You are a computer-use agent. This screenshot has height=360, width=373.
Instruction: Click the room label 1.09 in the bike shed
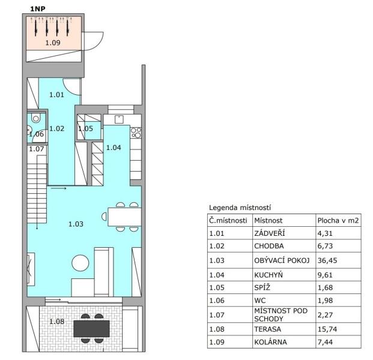pyautogui.click(x=53, y=43)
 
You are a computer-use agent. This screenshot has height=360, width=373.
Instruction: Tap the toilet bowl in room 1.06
pyautogui.click(x=36, y=118)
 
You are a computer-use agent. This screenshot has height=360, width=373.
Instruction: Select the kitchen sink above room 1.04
pyautogui.click(x=119, y=119)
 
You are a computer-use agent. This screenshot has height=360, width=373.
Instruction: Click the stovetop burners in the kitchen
pyautogui.click(x=136, y=133)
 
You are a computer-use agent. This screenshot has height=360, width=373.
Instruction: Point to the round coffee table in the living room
pyautogui.click(x=80, y=263)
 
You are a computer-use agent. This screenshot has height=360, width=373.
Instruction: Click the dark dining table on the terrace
pyautogui.click(x=91, y=329)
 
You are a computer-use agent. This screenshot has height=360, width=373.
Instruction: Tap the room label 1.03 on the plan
pyautogui.click(x=76, y=224)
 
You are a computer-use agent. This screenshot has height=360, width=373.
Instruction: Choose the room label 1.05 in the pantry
pyautogui.click(x=85, y=128)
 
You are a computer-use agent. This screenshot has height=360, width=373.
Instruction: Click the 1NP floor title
pyautogui.click(x=38, y=9)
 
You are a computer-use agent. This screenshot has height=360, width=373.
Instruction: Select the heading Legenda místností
pyautogui.click(x=240, y=208)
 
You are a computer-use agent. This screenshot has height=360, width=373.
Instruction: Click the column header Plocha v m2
pyautogui.click(x=338, y=221)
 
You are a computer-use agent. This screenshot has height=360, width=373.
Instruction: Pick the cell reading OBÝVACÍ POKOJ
pyautogui.click(x=282, y=260)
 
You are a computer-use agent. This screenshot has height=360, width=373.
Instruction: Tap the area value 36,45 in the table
pyautogui.click(x=327, y=260)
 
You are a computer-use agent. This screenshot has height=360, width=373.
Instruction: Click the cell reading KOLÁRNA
pyautogui.click(x=270, y=342)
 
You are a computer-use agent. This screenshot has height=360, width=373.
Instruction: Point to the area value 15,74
pyautogui.click(x=327, y=329)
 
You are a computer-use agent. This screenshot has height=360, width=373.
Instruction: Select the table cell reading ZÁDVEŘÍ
pyautogui.click(x=269, y=233)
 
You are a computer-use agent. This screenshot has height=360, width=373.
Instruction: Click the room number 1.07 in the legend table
pyautogui.click(x=217, y=315)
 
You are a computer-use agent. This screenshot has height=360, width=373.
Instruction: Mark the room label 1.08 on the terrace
pyautogui.click(x=56, y=322)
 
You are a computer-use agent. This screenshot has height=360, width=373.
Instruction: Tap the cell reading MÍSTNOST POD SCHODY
pyautogui.click(x=281, y=314)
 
